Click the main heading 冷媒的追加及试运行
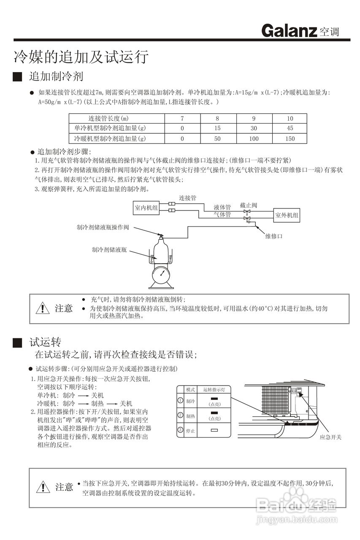tap(81, 57)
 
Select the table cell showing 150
tap(290, 138)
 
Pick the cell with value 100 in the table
tap(254, 138)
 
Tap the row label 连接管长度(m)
tap(108, 118)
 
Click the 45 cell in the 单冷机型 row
tap(290, 128)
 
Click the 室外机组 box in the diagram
tap(287, 215)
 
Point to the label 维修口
tap(273, 236)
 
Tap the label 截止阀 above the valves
tap(249, 205)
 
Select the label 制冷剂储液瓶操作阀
tap(103, 227)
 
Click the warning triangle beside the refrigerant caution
tap(43, 308)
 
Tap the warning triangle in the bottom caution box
tap(43, 487)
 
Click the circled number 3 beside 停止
tap(180, 430)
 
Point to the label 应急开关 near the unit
tap(331, 437)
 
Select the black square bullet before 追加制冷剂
tap(17, 77)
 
